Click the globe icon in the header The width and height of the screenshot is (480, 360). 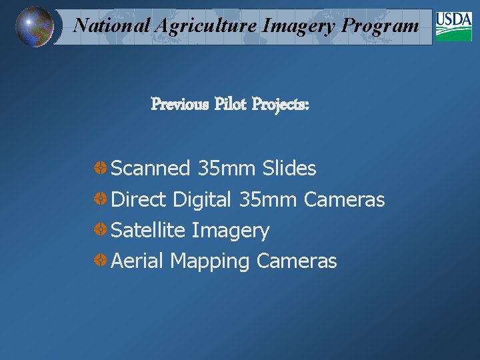point(33,27)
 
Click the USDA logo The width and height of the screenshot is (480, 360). point(453,27)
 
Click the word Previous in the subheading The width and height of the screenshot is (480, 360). point(179,105)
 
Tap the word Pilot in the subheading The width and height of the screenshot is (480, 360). point(230,105)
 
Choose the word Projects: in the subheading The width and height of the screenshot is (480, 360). point(281,105)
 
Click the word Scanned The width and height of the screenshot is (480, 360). point(151,169)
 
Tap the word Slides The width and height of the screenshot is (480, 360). point(289,169)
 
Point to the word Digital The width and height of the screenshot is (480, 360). point(201,200)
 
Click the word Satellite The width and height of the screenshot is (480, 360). point(148,231)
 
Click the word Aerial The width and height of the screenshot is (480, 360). point(137,261)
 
